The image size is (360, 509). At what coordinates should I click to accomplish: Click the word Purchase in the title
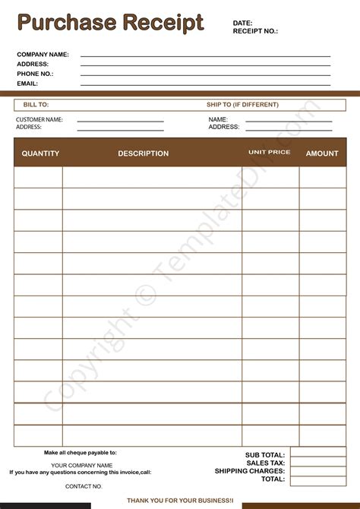(64, 23)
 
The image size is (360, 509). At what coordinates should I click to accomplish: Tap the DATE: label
(242, 23)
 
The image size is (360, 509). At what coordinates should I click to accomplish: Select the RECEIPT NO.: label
(255, 31)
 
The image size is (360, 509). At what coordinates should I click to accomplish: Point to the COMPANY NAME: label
(43, 55)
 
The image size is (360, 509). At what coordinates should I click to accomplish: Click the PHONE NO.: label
(35, 74)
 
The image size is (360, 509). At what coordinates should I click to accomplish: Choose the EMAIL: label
(27, 84)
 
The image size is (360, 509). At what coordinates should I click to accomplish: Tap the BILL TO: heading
(36, 105)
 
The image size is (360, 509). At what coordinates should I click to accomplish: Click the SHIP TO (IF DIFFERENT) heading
(242, 105)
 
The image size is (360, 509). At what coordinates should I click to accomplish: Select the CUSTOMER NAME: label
(39, 119)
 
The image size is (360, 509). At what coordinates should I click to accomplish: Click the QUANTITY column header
(40, 153)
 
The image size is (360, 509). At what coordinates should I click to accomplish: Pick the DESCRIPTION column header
(143, 153)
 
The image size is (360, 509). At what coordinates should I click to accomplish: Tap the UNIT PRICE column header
(269, 153)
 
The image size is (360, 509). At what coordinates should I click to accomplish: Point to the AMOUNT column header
(322, 153)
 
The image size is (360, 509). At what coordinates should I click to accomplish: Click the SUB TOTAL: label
(265, 455)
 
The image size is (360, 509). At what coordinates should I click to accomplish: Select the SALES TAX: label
(265, 463)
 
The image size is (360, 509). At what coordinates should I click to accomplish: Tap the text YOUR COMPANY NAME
(82, 465)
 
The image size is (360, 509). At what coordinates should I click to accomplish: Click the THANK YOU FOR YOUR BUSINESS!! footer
(180, 501)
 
